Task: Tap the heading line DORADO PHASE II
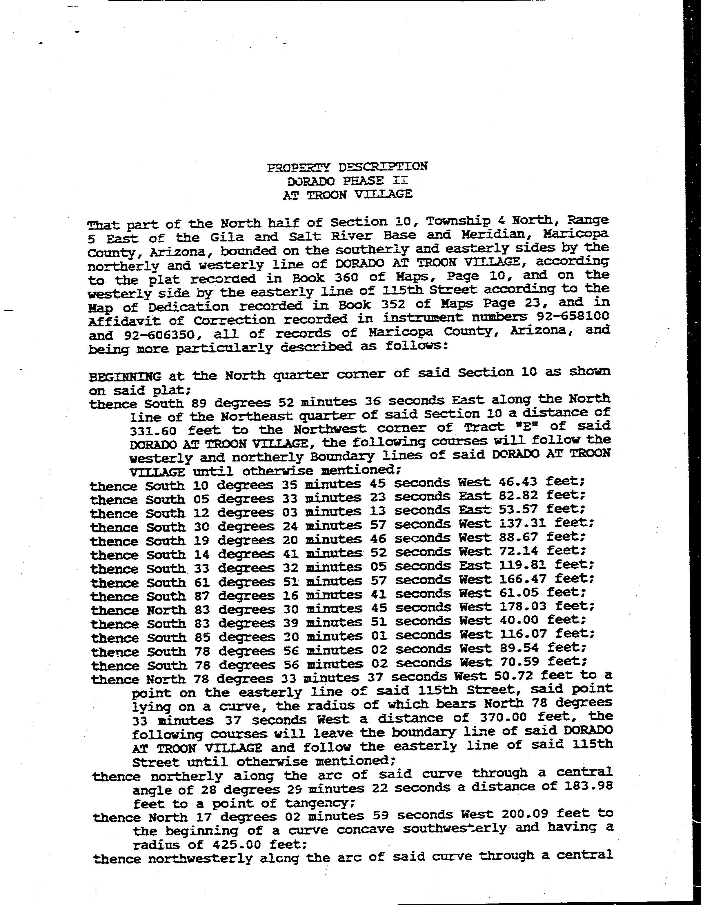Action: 348,181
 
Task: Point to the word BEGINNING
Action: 125,377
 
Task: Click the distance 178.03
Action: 523,606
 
